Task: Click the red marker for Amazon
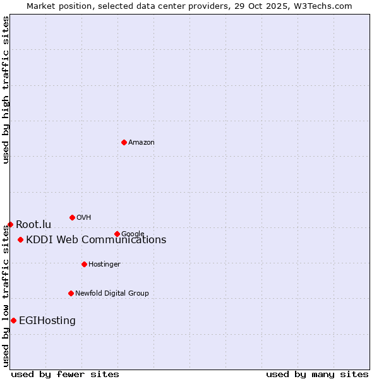coord(124,142)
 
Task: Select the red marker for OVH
coord(72,217)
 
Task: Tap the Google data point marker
coord(117,234)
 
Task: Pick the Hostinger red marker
coord(84,264)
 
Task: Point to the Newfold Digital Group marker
coord(71,293)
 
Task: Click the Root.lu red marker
coord(10,224)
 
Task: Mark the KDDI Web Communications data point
coord(21,239)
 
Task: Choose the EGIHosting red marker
coord(13,320)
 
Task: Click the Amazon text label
coord(141,143)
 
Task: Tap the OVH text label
coord(84,218)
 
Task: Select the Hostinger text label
coord(104,265)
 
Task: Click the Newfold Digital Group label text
coord(112,293)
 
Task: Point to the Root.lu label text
coord(33,225)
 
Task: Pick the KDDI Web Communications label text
coord(96,240)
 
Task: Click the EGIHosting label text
coord(47,321)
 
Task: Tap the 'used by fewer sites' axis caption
coord(65,374)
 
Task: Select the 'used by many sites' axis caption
coord(317,374)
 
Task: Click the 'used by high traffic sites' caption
coord(6,90)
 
